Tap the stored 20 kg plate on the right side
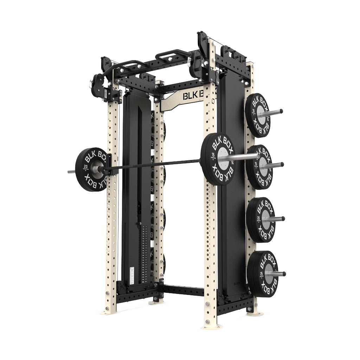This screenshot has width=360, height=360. (x=261, y=220)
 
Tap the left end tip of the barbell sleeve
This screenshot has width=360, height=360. (x=69, y=172)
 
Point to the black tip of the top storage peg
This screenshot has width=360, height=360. (x=281, y=112)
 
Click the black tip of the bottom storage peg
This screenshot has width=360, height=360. (x=284, y=274)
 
